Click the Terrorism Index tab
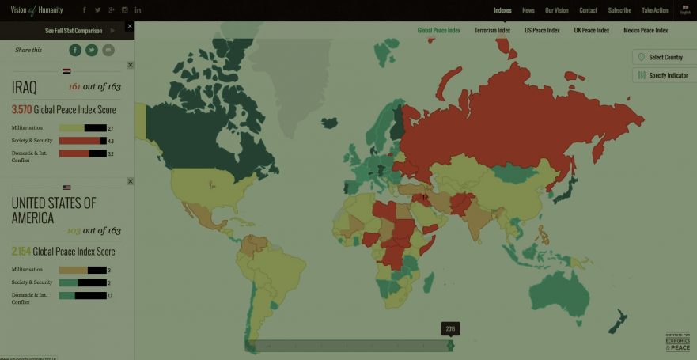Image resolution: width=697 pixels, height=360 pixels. (x=492, y=31)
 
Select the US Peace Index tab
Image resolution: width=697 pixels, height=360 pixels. (x=542, y=31)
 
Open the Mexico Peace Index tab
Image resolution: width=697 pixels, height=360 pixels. (x=646, y=31)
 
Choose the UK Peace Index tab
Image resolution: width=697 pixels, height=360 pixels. (x=592, y=31)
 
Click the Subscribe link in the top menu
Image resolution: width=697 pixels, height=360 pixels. (x=619, y=10)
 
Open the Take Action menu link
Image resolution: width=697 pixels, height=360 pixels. (x=655, y=10)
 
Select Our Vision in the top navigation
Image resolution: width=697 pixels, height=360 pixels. (x=556, y=10)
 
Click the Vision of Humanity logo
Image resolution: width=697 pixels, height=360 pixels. (x=36, y=10)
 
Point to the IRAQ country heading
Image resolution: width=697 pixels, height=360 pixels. (x=25, y=88)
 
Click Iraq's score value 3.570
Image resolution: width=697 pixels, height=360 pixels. (x=21, y=110)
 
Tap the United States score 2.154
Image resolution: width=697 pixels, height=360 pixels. (x=21, y=252)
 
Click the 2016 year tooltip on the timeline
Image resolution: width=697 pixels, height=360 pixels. (x=450, y=328)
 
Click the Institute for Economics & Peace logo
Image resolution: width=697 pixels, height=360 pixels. (x=677, y=341)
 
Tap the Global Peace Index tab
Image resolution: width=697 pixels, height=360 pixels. (x=438, y=31)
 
